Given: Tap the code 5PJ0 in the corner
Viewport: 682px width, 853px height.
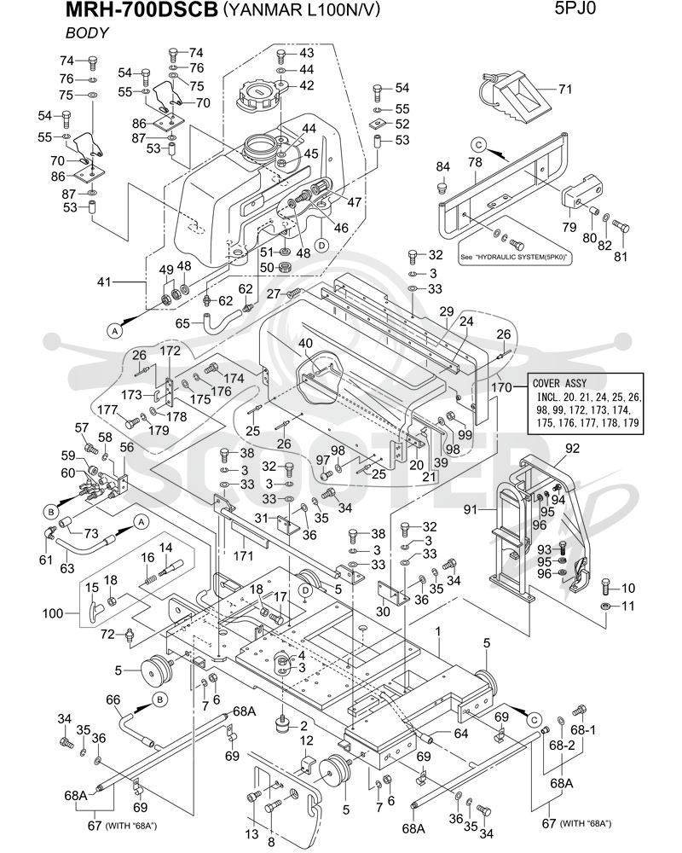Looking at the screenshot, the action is tap(575, 9).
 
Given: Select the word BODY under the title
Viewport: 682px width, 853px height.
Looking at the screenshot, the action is tap(87, 33).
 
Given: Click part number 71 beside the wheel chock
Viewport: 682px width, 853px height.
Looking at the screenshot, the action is tap(565, 89).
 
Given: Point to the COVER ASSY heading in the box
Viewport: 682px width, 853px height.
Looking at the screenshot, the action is tap(559, 383).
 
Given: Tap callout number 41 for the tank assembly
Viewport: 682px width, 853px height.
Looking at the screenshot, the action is tap(104, 281).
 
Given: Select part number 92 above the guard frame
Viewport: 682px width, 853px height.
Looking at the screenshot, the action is tap(572, 449).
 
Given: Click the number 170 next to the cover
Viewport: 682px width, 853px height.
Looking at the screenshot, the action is tap(501, 387).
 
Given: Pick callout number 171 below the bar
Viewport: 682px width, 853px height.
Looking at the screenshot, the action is tap(244, 555).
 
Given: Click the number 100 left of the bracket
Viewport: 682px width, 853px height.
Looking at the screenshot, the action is tap(53, 613).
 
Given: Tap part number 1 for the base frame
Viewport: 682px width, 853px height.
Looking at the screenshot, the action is tap(438, 631).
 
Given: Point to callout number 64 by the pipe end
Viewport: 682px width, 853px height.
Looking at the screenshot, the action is tap(460, 734).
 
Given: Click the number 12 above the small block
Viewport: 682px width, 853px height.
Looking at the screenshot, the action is tap(307, 741).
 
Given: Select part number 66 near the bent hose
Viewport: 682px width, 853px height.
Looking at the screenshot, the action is tap(113, 699).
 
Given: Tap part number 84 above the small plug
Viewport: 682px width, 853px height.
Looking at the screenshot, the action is tap(442, 166).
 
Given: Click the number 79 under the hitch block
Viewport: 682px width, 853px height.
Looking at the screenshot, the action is tap(569, 226).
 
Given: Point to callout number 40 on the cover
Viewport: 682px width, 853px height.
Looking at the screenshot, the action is tap(306, 344).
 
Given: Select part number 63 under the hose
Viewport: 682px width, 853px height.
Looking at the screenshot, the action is tap(66, 569).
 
